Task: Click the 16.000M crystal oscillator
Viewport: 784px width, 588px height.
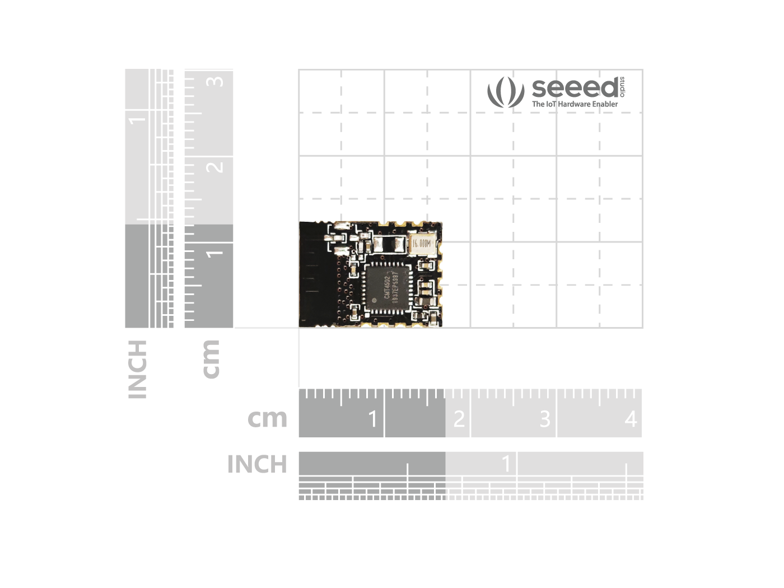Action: tap(422, 244)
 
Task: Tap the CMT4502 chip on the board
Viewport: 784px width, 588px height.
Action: tap(387, 287)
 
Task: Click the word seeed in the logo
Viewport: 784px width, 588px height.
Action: tap(575, 88)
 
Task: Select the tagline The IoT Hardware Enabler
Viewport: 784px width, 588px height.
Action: tap(575, 104)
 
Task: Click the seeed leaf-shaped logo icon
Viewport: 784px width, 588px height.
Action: tap(505, 92)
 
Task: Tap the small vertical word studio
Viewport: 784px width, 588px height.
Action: tap(623, 87)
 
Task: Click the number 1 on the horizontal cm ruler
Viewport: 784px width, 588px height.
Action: tap(373, 419)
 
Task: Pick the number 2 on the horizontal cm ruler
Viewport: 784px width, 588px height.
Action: tap(459, 419)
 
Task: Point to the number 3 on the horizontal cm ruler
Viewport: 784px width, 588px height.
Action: tap(545, 419)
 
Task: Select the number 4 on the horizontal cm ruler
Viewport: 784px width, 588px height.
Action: tap(631, 419)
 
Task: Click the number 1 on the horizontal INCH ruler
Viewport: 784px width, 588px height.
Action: tap(506, 463)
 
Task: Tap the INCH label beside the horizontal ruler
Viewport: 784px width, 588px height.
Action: tap(257, 464)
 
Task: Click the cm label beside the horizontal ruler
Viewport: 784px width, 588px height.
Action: tap(267, 418)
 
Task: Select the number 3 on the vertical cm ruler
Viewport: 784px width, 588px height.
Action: tap(214, 82)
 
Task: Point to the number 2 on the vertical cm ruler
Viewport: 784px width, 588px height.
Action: tap(214, 167)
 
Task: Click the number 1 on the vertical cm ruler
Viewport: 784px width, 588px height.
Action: tap(214, 254)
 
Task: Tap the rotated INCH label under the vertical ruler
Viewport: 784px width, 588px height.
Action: tap(137, 369)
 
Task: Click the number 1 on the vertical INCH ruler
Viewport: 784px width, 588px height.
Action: tap(137, 119)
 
